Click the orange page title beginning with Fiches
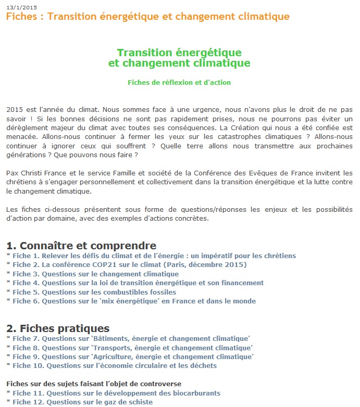point(147,17)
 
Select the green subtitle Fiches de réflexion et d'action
point(179,82)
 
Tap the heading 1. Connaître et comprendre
point(81,245)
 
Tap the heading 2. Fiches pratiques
point(58,328)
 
